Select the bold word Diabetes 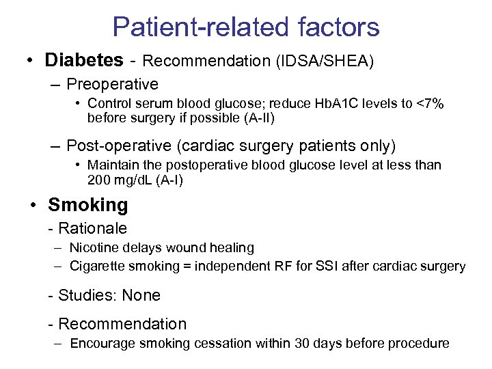[x=84, y=60]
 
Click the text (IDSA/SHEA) [x=325, y=61]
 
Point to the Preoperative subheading [x=112, y=85]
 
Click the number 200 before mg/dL [x=98, y=180]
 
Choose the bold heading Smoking [x=87, y=205]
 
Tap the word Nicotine [x=93, y=248]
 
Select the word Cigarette [x=96, y=266]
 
